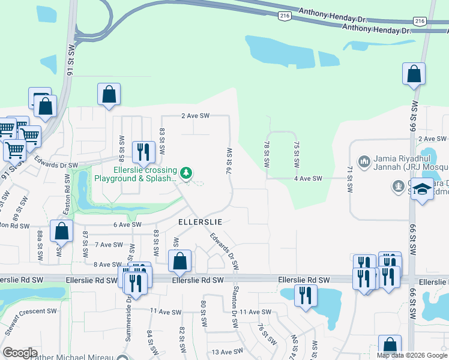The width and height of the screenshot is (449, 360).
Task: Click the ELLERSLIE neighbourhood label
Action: (x=200, y=221)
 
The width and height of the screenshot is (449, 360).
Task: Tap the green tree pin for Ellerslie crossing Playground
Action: (x=186, y=173)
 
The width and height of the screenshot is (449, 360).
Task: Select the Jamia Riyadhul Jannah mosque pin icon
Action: (x=363, y=161)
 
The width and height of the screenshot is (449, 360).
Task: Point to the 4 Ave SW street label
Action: (x=309, y=179)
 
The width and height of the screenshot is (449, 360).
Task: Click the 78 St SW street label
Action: (x=267, y=155)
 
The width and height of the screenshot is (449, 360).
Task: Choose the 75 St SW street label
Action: (x=297, y=155)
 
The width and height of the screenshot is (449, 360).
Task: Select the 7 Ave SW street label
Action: (x=108, y=245)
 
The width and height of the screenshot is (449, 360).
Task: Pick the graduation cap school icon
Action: (x=423, y=189)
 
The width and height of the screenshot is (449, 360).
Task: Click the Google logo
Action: (x=20, y=353)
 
